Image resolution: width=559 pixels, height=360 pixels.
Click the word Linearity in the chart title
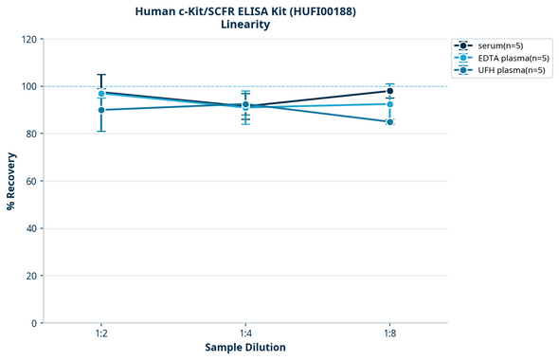pyautogui.click(x=244, y=25)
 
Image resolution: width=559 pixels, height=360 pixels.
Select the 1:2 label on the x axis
pyautogui.click(x=101, y=333)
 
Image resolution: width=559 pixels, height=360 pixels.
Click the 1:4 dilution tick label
pyautogui.click(x=245, y=333)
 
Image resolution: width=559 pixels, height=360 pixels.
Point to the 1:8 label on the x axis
pyautogui.click(x=389, y=333)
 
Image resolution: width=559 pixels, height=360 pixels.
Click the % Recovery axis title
pyautogui.click(x=11, y=181)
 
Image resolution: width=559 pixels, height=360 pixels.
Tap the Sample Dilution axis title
pyautogui.click(x=245, y=348)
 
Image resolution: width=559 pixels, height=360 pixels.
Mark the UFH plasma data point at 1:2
pyautogui.click(x=101, y=110)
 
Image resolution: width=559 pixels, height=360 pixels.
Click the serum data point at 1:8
pyautogui.click(x=389, y=91)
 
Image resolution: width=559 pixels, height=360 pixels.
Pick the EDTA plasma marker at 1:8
pyautogui.click(x=389, y=104)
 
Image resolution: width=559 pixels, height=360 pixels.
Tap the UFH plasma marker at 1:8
pyautogui.click(x=389, y=121)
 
